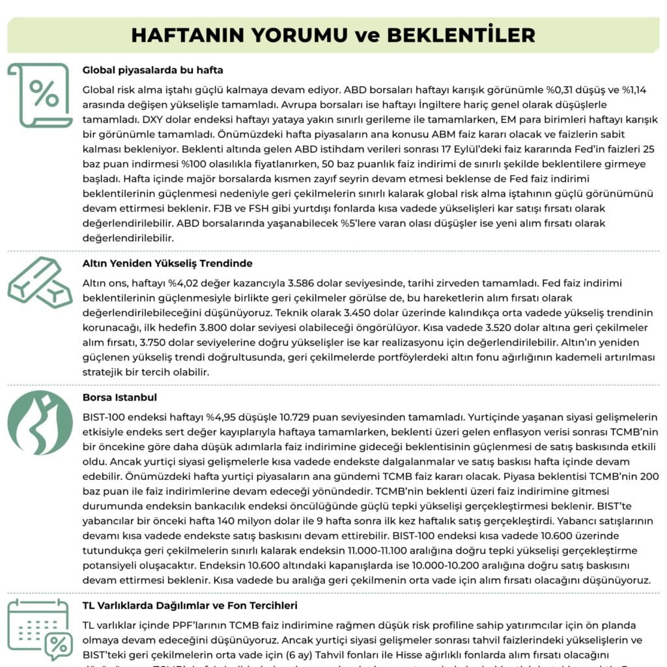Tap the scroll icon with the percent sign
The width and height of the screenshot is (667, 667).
(x=40, y=95)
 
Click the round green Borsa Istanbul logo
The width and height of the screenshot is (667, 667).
(x=40, y=423)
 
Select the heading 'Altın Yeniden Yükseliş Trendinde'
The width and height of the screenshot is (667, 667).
(x=167, y=264)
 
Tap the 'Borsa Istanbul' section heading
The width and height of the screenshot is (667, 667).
(x=120, y=397)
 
